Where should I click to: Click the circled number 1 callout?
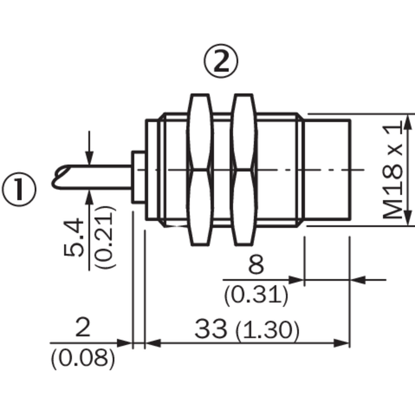pos(19,189)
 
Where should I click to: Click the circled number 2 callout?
pos(221,61)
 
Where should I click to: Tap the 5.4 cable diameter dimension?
pos(74,237)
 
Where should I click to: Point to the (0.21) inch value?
pos(106,237)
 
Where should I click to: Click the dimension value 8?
pos(256,265)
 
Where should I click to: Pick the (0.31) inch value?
pos(256,295)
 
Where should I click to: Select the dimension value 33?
pos(211,329)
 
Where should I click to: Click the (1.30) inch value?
pos(267,330)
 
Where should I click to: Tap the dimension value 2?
pos(83,328)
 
